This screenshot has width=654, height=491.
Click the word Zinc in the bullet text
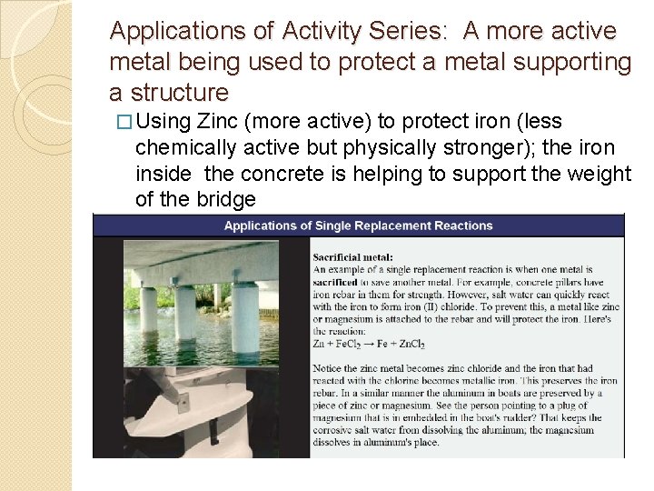[x=217, y=122]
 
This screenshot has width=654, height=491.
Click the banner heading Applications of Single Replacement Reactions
[x=358, y=225]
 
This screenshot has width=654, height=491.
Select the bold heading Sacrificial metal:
[x=353, y=257]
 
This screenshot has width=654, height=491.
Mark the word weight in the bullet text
[x=599, y=173]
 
